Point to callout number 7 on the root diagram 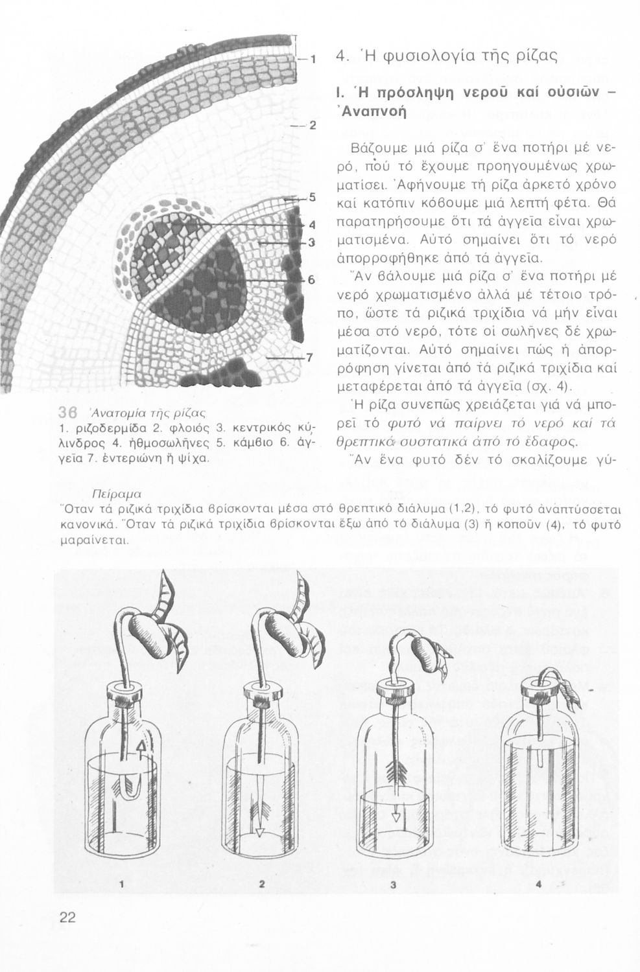point(310,357)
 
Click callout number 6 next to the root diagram point(311,280)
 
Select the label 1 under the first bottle point(121,883)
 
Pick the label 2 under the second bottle point(262,883)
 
